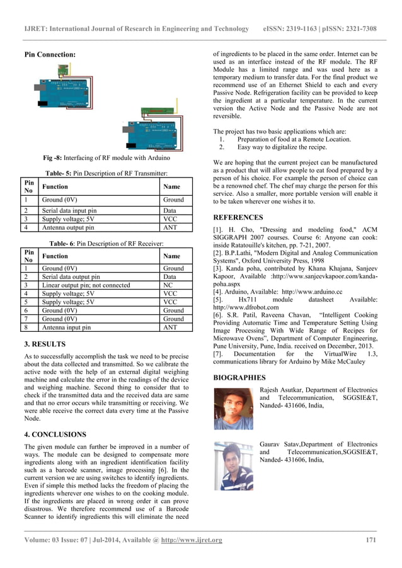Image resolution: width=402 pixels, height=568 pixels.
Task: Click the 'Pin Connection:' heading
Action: click(x=49, y=55)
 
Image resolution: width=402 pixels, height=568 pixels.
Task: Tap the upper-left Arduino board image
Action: click(x=60, y=89)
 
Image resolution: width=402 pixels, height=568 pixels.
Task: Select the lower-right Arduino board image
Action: click(x=152, y=130)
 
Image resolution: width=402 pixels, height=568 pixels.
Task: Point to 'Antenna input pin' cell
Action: click(x=66, y=327)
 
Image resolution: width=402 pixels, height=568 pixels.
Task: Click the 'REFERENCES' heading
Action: click(x=239, y=217)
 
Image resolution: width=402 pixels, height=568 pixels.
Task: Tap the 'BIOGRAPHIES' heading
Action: click(x=239, y=378)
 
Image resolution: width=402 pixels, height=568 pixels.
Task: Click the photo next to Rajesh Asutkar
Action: click(x=233, y=409)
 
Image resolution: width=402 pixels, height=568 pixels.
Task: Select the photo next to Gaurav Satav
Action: click(x=233, y=465)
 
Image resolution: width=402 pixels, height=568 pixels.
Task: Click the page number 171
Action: click(x=371, y=540)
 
